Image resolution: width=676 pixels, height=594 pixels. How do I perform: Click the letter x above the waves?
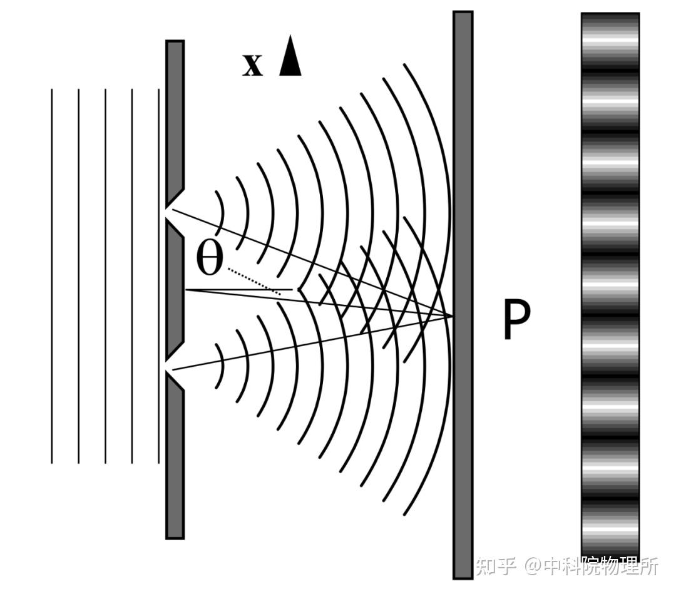(x=252, y=64)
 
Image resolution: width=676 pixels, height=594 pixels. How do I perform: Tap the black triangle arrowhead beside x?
(x=290, y=58)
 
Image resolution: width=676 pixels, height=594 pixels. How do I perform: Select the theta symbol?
(x=210, y=259)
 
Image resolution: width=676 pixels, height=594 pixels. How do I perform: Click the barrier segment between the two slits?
(x=175, y=289)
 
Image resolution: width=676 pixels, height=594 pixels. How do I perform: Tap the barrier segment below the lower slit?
(x=175, y=463)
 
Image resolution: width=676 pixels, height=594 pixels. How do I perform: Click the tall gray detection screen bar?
(x=463, y=188)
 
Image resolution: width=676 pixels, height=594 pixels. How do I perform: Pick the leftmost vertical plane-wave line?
(x=52, y=275)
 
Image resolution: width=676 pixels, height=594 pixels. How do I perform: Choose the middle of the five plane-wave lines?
(x=105, y=275)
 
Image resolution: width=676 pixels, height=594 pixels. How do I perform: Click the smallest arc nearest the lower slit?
(x=221, y=366)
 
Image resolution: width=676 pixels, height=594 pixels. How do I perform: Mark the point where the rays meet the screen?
(x=452, y=317)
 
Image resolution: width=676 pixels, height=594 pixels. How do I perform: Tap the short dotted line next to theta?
(x=253, y=281)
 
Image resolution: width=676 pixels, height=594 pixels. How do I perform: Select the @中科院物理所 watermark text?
(x=592, y=566)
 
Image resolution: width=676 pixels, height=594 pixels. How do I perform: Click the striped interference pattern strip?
(x=610, y=282)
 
